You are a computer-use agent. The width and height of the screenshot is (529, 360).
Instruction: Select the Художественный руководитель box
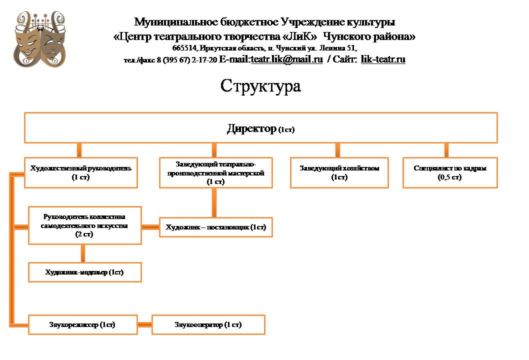tap(81, 172)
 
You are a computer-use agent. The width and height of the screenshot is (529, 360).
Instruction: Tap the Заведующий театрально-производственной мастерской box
tap(216, 172)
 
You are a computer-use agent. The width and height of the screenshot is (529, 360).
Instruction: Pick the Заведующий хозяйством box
tap(339, 172)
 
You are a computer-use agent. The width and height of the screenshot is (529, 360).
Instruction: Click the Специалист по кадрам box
tap(450, 172)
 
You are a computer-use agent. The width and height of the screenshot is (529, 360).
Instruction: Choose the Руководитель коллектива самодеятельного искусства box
tap(85, 225)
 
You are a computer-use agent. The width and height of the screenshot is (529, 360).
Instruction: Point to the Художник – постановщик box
tap(216, 227)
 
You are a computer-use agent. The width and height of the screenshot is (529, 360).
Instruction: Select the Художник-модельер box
tap(85, 272)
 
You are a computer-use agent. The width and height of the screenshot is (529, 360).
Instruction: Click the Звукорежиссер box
tap(82, 324)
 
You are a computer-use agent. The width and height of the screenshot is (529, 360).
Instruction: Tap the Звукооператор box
tap(208, 324)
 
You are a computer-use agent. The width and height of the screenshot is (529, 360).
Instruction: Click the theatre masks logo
tap(41, 40)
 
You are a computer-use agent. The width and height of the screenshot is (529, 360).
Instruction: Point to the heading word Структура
tap(260, 86)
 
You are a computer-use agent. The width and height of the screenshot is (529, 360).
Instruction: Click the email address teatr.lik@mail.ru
tap(286, 59)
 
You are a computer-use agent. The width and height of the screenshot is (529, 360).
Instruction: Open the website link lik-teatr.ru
tap(383, 59)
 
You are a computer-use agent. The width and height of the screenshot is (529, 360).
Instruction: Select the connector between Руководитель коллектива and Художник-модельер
tap(82, 253)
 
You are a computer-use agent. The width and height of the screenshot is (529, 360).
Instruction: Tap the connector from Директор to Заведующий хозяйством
tap(337, 150)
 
